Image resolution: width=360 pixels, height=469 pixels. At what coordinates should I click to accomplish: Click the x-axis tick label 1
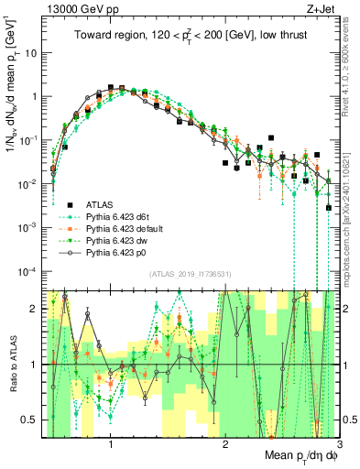click(110, 446)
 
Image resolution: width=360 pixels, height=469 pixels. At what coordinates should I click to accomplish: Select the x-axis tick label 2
click(225, 446)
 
